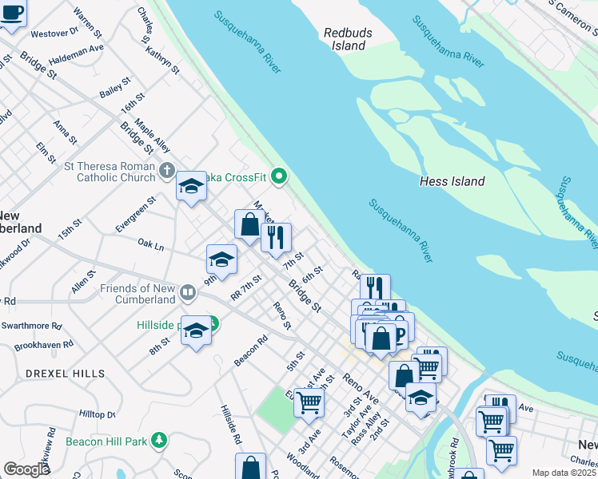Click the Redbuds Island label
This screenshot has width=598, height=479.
[344, 39]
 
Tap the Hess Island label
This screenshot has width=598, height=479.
[452, 181]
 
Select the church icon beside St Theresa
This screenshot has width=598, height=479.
[166, 169]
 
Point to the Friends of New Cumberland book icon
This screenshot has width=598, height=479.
[187, 292]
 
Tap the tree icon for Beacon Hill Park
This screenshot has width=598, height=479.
[160, 440]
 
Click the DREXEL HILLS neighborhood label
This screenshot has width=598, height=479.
[65, 374]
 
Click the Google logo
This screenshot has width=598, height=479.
[26, 469]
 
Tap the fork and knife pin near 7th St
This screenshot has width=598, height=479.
[276, 237]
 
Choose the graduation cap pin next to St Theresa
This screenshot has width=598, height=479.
[191, 187]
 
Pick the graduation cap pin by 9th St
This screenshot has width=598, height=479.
[221, 259]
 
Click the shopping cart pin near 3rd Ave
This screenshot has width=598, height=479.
[309, 402]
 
